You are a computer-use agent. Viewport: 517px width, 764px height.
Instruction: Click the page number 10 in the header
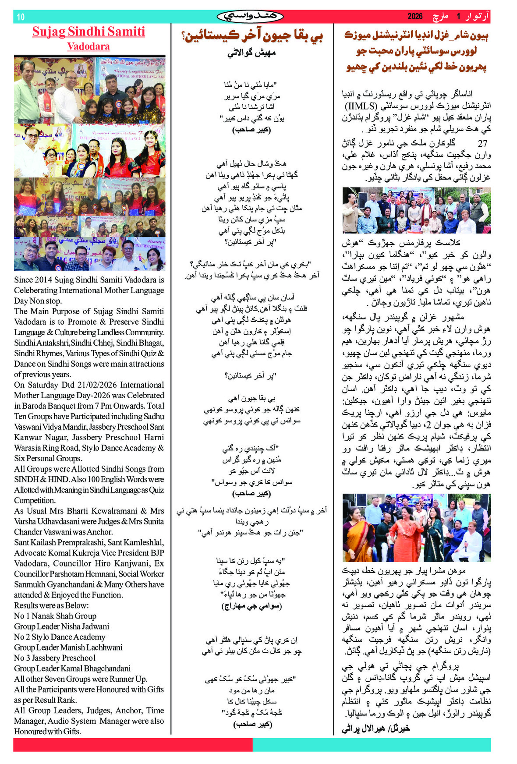21,17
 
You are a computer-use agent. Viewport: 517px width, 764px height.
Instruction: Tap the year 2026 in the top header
415,17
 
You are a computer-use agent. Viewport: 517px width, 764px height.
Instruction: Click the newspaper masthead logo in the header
250,17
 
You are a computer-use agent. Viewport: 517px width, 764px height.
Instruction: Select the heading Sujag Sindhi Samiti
89,32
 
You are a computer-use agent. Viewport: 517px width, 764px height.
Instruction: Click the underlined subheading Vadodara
89,46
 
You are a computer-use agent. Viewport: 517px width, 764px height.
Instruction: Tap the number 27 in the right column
482,143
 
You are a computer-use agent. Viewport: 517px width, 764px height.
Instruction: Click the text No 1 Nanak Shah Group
55,616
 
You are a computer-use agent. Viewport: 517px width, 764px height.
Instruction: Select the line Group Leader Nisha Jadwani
61,626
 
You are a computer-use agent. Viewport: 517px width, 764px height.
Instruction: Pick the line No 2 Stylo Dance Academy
60,637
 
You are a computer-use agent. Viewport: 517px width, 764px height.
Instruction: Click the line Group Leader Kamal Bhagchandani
72,668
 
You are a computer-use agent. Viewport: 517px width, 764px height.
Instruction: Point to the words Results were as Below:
51,605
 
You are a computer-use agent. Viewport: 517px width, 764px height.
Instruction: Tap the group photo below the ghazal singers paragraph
416,210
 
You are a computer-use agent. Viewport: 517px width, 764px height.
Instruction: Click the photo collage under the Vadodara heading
89,163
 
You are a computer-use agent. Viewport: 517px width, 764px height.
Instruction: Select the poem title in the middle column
252,36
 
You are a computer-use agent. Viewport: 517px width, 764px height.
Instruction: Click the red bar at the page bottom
133,745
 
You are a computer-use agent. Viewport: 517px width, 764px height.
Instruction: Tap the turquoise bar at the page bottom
372,745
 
